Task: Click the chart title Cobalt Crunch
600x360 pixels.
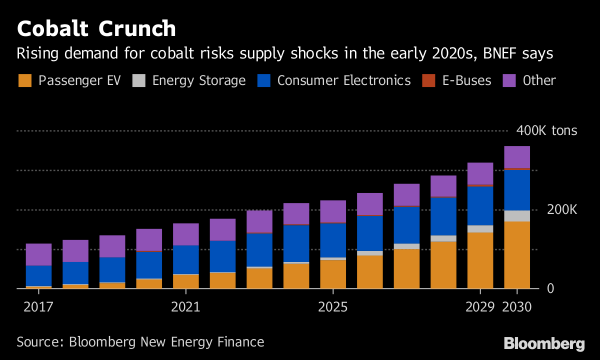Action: coord(96,29)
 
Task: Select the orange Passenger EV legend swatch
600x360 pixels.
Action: coord(25,80)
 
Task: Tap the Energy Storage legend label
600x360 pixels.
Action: coord(199,80)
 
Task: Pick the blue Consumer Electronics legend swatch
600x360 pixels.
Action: coord(263,80)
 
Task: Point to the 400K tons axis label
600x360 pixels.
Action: coord(546,131)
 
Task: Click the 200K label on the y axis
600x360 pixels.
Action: coord(562,209)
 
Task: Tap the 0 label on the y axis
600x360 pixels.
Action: coord(551,288)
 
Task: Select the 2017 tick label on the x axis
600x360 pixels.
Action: coord(38,306)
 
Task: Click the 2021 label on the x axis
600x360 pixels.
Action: coord(185,306)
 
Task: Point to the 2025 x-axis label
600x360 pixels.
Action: coord(332,306)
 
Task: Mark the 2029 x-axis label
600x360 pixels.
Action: coord(480,306)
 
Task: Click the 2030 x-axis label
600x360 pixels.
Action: coord(517,306)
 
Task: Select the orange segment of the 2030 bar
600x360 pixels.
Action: coord(517,255)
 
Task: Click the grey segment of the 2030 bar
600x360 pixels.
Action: coord(517,216)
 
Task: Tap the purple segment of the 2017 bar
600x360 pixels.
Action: coord(38,254)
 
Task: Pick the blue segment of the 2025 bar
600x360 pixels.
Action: coord(332,240)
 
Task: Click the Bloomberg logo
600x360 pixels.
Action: coord(544,344)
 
